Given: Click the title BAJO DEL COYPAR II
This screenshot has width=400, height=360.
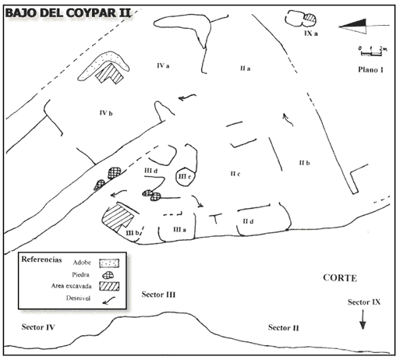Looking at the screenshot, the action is [68, 13].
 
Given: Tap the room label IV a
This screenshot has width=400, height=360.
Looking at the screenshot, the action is [163, 65].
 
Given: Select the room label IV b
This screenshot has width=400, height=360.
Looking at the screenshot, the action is [106, 113].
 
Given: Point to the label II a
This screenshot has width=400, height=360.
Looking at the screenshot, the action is [245, 69].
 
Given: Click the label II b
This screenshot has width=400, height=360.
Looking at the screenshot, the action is [304, 163].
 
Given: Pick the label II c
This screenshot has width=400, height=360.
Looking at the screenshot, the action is [235, 174].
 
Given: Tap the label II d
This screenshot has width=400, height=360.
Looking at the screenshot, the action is [248, 221].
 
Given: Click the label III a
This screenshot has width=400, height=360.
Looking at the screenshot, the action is [179, 230].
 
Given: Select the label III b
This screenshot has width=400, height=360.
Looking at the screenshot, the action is [133, 233].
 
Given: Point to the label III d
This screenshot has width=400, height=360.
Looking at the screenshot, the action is [151, 171].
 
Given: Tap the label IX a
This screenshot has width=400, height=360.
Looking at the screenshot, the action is [311, 34].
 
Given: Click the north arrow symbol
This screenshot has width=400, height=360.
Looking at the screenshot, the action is [364, 26].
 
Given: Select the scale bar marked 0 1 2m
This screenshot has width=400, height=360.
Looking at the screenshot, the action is [372, 51].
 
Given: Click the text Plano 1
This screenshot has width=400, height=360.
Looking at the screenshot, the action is [370, 69].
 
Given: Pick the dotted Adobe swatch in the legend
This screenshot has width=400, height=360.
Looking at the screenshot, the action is [109, 263].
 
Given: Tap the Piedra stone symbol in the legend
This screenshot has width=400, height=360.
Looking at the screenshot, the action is [108, 275].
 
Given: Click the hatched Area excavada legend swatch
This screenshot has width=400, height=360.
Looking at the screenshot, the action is [109, 286].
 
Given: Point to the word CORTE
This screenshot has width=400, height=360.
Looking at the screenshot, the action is [340, 278].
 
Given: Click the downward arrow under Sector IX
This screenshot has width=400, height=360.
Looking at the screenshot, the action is [363, 319].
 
